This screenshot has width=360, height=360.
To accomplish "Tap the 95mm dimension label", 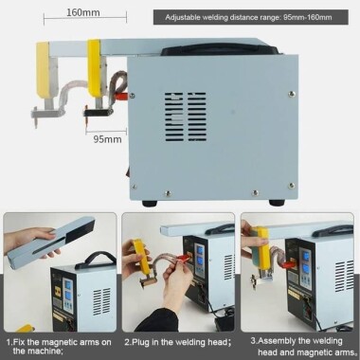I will [x=107, y=139].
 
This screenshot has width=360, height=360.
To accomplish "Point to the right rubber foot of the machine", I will [x=277, y=202].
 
